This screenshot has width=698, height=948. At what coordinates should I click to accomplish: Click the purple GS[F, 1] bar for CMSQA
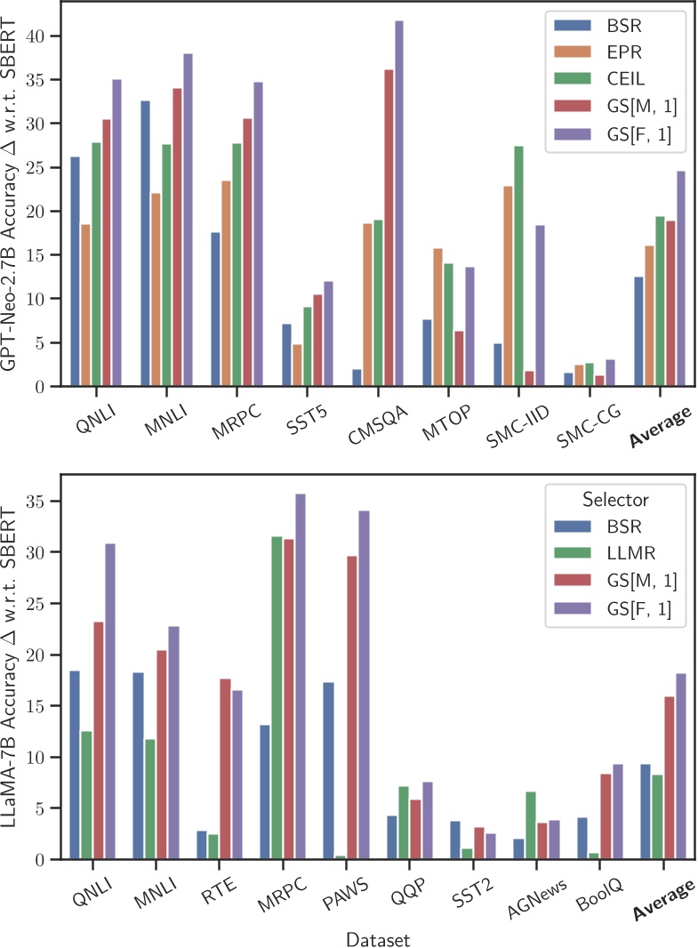[398, 204]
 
